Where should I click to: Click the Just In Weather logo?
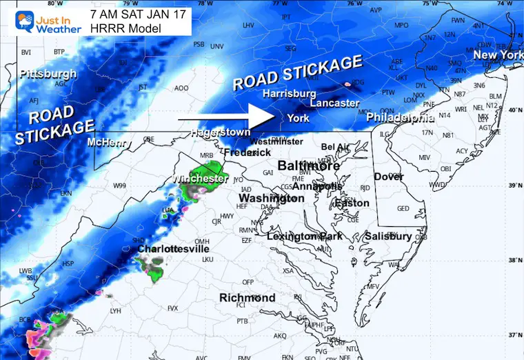coord(41,19)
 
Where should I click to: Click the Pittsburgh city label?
coord(48,74)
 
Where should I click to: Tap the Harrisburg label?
coord(289,93)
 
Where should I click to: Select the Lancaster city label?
coord(334,103)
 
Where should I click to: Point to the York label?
coord(299,118)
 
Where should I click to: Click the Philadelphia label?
coord(400,118)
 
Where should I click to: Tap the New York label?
coord(498,55)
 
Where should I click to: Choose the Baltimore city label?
coord(308,166)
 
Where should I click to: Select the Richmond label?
coord(247,298)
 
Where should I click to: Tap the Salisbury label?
coord(388,236)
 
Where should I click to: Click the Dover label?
coord(388,177)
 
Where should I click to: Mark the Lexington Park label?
coord(305,237)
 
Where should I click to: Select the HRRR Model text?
coord(125,28)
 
